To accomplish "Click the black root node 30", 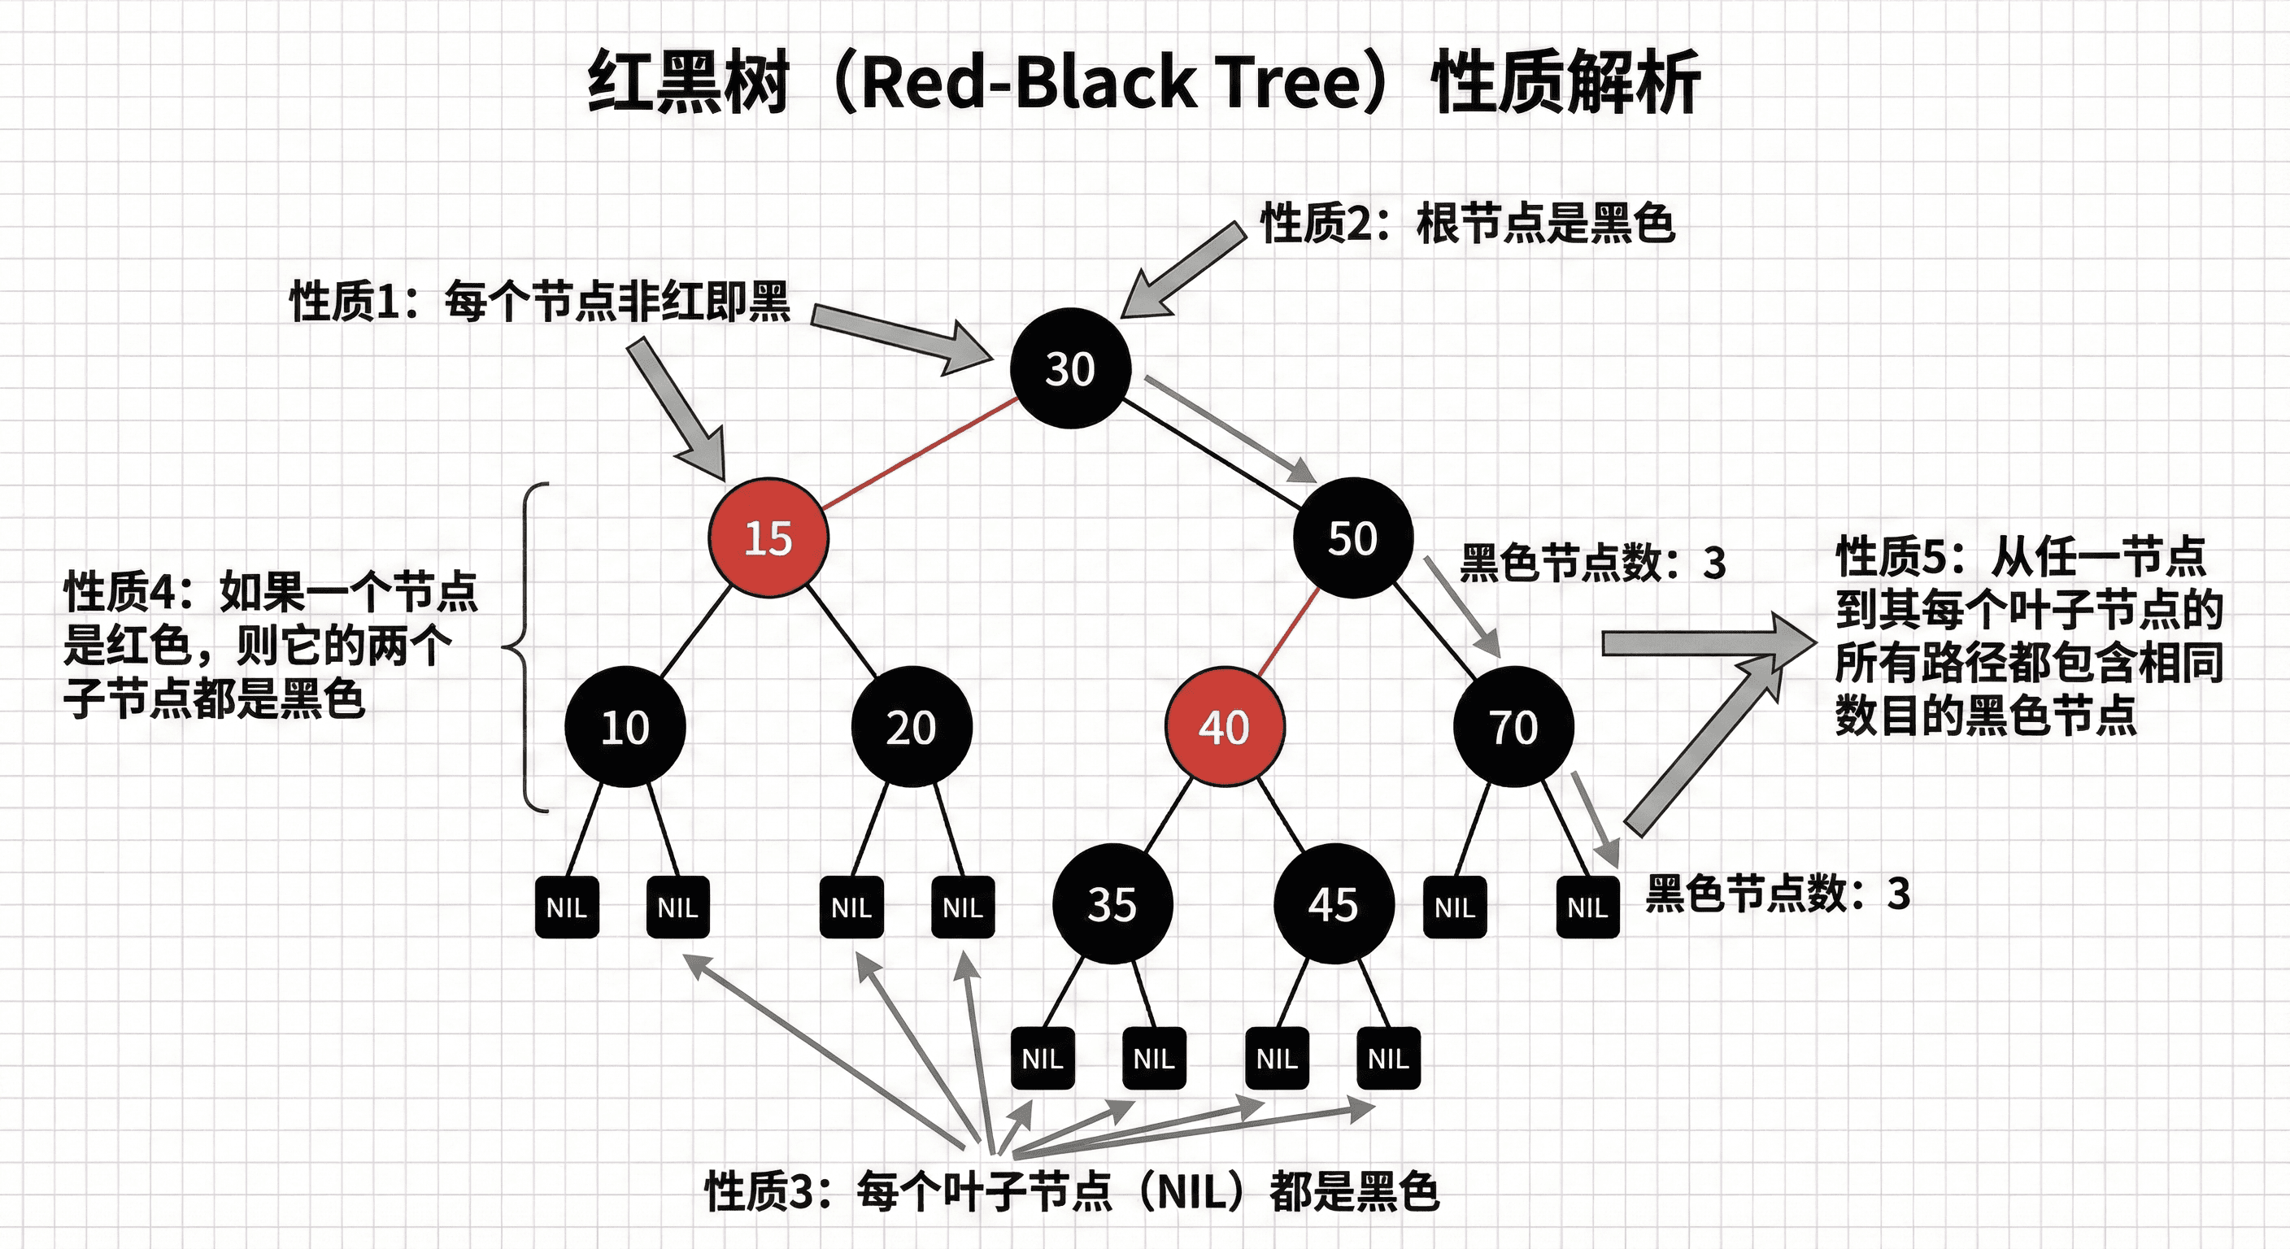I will [1070, 368].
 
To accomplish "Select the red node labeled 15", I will [768, 537].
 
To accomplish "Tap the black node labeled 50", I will [1352, 537].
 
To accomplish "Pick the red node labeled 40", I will [1224, 727].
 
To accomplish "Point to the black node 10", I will [625, 727].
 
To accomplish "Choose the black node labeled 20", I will [911, 727].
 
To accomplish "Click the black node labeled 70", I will [1513, 727].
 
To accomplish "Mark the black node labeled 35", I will [1112, 904].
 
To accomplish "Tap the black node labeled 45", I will [1334, 904].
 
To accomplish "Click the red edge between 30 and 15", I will [920, 454].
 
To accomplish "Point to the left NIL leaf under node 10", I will [567, 907].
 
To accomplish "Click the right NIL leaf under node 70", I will [1587, 907].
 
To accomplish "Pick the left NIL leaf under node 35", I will [1043, 1059].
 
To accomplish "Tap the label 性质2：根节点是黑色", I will [1467, 223].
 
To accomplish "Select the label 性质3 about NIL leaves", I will [1071, 1191].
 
